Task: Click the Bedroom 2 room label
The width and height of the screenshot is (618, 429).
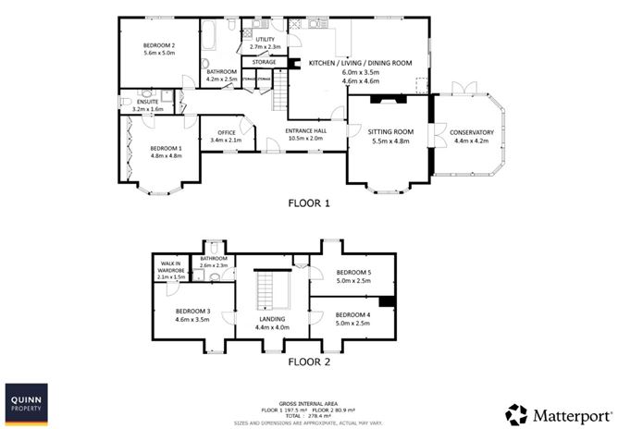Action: pos(159,45)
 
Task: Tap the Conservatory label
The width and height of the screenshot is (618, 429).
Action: pos(472,132)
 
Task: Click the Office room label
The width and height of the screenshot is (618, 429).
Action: pos(227,132)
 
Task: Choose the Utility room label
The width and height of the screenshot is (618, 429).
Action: pos(253,40)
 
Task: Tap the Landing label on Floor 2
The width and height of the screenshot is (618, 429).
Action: pos(272,319)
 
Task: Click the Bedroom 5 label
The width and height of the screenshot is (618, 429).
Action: pos(352,271)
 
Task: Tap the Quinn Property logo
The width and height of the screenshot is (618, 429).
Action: pos(26,404)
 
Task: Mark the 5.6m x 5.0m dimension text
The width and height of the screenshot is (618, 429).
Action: pos(159,54)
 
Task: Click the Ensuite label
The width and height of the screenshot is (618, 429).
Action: pos(148,102)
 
